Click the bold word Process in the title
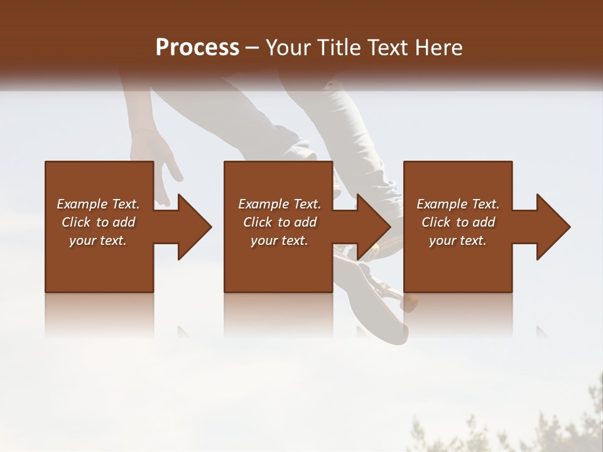click(x=197, y=47)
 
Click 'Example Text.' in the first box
click(x=99, y=204)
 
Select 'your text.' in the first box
click(x=99, y=240)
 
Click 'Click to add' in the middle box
click(x=280, y=222)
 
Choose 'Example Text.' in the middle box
click(x=280, y=204)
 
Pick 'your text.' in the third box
click(x=458, y=240)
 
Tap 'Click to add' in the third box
click(x=458, y=222)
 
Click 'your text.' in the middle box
click(x=280, y=240)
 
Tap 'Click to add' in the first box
click(x=99, y=222)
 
